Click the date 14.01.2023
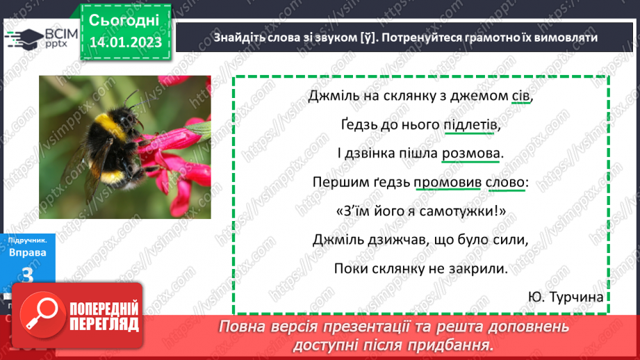tap(125, 42)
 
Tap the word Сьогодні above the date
tap(125, 19)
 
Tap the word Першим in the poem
tap(339, 183)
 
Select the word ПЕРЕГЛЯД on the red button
tap(104, 325)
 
